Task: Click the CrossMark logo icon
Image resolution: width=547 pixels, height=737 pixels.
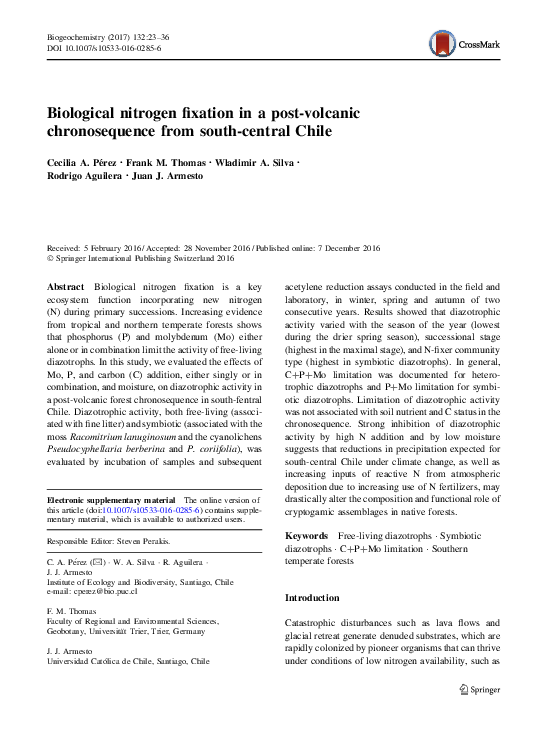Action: click(442, 43)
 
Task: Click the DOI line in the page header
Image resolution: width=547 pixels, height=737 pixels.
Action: click(104, 48)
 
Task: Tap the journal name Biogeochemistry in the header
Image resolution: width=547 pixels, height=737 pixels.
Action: click(78, 36)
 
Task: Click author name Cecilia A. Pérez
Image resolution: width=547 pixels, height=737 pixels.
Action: click(82, 162)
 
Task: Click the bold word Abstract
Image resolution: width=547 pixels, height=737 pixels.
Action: click(66, 286)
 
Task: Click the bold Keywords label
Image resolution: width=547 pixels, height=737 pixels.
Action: click(306, 537)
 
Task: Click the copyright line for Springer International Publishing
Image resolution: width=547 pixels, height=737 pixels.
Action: click(141, 258)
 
